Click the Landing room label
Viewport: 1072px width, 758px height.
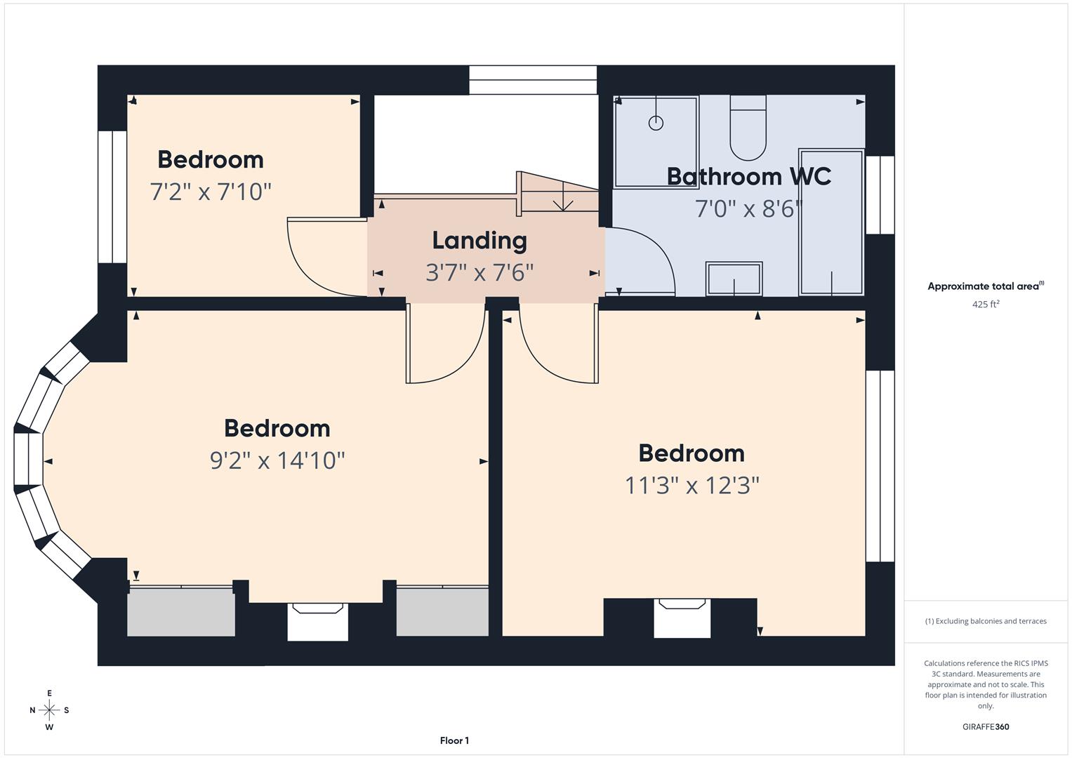point(479,241)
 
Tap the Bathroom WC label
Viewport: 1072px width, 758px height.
point(748,176)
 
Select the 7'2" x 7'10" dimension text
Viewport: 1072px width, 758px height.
point(211,192)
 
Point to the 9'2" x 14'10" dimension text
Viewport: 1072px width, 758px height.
point(277,460)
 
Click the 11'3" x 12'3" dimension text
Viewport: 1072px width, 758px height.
point(691,485)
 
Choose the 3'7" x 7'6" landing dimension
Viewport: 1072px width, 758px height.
point(479,272)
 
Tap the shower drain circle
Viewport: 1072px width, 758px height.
point(656,124)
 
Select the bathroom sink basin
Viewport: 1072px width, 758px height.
point(734,279)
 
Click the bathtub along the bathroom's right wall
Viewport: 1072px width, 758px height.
point(831,221)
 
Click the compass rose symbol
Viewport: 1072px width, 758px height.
point(49,710)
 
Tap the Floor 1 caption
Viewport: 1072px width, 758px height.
point(454,740)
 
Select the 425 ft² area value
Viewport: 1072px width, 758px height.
point(986,305)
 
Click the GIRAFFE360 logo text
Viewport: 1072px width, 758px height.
point(986,727)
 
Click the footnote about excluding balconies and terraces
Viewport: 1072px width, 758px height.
point(986,621)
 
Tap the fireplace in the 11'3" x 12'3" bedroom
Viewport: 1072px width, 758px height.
point(682,618)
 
